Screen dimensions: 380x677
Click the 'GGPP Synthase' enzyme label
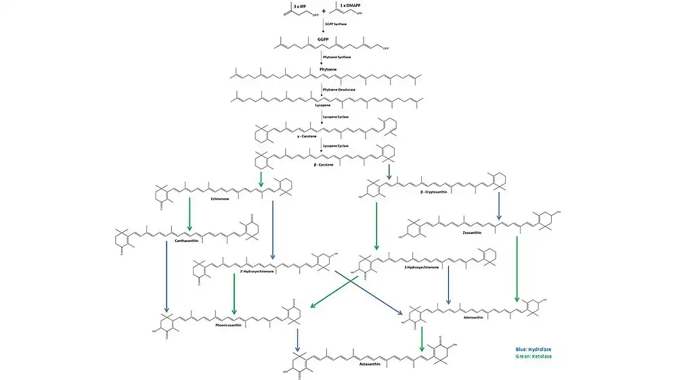[x=336, y=24]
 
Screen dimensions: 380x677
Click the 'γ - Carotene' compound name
[x=308, y=136]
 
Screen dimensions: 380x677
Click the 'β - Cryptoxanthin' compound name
[x=437, y=192]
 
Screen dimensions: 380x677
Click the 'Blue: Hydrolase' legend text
[x=533, y=350]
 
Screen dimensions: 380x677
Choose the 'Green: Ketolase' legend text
[x=533, y=356]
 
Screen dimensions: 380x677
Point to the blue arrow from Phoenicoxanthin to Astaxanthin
[x=297, y=338]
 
